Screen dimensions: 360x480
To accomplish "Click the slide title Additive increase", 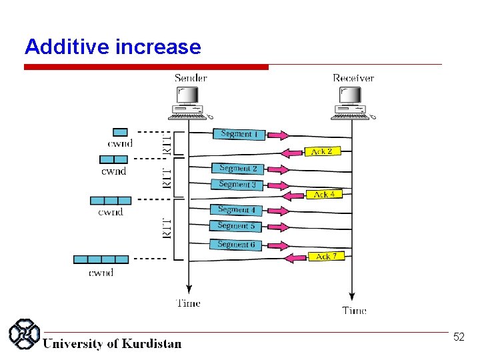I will click(112, 47).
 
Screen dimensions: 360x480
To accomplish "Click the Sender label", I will click(191, 78).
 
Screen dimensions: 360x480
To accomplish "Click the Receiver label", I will click(353, 78).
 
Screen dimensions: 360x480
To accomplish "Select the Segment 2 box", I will click(238, 169).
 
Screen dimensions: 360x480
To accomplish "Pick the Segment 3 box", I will click(237, 185).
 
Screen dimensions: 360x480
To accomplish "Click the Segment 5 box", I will click(236, 226).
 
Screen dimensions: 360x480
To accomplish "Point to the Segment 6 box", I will click(236, 245).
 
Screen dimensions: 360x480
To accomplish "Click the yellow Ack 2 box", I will click(322, 151).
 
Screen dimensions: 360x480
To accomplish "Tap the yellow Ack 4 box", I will click(324, 194).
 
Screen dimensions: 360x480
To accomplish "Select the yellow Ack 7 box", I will click(326, 256).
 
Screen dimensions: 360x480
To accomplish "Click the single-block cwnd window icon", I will click(120, 132).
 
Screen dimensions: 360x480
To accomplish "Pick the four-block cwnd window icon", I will click(101, 259).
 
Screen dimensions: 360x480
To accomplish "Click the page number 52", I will click(459, 337).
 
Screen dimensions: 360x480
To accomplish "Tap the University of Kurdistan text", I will click(112, 344).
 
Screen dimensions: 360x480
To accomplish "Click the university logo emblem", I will click(25, 334).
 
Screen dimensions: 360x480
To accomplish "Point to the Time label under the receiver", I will click(354, 310).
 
